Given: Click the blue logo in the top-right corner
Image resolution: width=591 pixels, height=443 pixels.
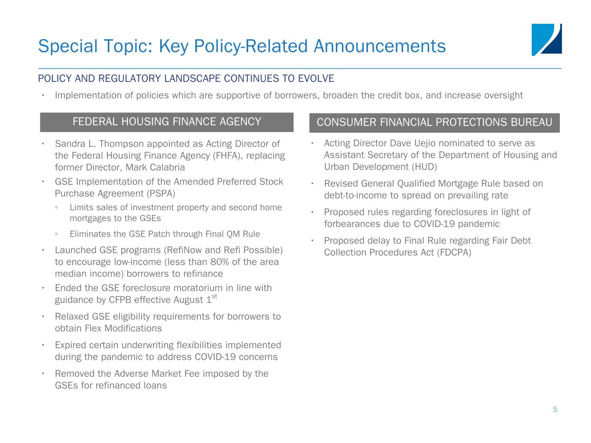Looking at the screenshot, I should (546, 40).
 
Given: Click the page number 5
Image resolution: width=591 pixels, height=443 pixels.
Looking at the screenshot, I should (555, 410).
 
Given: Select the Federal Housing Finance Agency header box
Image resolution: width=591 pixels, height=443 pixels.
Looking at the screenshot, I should (167, 122).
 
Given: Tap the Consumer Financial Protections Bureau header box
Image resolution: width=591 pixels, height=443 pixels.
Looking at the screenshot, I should (434, 123).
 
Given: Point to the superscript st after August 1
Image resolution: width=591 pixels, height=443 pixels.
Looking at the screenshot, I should (214, 296).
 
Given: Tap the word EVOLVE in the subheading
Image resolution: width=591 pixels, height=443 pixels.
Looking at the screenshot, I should (316, 79).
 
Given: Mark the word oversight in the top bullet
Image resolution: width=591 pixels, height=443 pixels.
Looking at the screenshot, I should (502, 95).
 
